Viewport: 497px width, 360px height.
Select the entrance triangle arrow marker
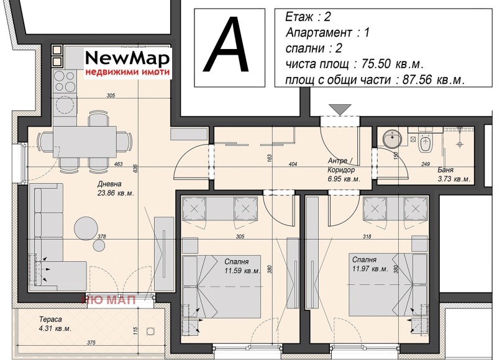click(x=340, y=109)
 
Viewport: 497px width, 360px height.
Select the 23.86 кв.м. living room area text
click(x=116, y=193)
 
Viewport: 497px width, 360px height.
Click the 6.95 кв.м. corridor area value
click(x=344, y=179)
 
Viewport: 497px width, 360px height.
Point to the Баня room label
click(x=445, y=169)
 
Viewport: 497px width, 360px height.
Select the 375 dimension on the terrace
click(x=91, y=343)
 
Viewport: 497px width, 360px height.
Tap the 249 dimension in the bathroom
click(x=426, y=164)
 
